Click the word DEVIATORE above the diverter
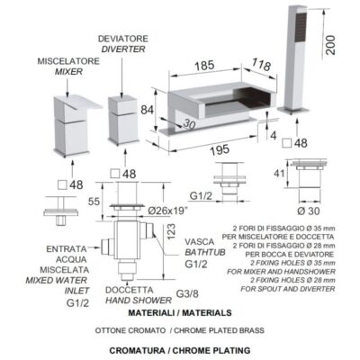123,39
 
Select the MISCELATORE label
68,61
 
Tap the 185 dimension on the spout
204,66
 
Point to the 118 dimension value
261,64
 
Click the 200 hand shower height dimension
330,45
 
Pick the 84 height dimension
148,110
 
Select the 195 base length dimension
220,150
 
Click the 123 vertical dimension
171,231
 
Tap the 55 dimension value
94,202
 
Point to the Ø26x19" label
168,211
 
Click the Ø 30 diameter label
309,211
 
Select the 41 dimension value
279,173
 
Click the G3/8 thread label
187,293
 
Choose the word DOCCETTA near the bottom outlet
130,290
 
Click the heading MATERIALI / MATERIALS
180,313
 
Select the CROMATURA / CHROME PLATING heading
180,350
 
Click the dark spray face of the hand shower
301,28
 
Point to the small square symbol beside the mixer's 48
62,185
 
